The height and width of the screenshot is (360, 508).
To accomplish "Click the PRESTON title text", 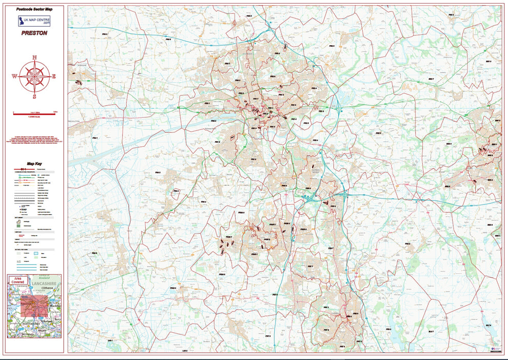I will [34, 33].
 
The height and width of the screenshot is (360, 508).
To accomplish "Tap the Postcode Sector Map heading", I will [34, 9].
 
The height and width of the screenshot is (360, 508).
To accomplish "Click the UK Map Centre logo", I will [34, 21].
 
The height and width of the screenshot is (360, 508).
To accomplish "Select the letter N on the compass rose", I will [34, 58].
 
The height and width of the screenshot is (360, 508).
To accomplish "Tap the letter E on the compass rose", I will [54, 77].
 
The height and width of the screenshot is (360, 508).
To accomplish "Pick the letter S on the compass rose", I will [34, 96].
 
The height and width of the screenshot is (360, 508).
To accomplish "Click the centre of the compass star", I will [34, 77].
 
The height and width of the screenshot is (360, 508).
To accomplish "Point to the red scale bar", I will [34, 113].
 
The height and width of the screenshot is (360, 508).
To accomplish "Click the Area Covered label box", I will [18, 280].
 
